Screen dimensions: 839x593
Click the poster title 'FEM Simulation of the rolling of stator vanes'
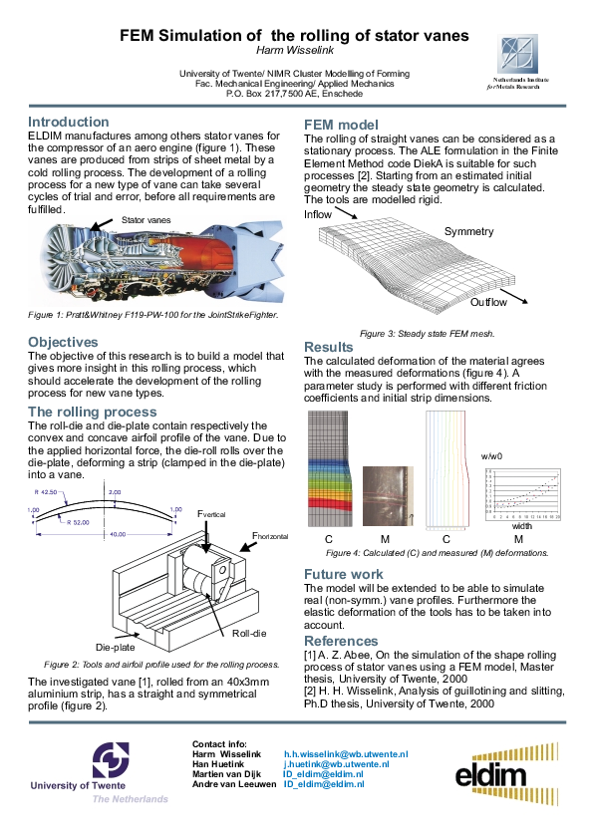pyautogui.click(x=294, y=36)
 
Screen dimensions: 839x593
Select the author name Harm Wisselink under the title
pyautogui.click(x=294, y=51)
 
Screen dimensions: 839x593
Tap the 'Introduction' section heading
pyautogui.click(x=68, y=122)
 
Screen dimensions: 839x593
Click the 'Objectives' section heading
pyautogui.click(x=62, y=342)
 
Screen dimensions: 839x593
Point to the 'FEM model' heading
pyautogui.click(x=340, y=125)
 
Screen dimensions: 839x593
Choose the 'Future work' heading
pyautogui.click(x=343, y=574)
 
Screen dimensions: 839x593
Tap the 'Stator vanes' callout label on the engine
pyautogui.click(x=146, y=219)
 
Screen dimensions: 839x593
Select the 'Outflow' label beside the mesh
pyautogui.click(x=488, y=302)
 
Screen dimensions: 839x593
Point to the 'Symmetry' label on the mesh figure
pyautogui.click(x=468, y=231)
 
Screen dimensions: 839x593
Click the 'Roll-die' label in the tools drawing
pyautogui.click(x=247, y=633)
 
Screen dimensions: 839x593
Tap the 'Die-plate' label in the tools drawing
pyautogui.click(x=115, y=646)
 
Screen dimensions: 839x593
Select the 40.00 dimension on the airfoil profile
pyautogui.click(x=118, y=534)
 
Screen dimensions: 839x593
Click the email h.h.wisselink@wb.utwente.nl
pyautogui.click(x=346, y=755)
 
